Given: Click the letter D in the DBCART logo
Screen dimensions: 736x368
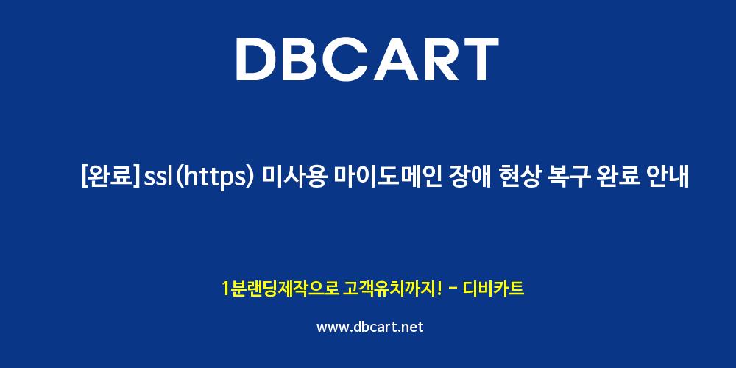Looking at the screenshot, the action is click(258, 59).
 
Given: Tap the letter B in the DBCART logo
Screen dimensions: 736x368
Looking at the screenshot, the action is click(305, 59).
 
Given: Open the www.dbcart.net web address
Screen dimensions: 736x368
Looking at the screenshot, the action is click(370, 327).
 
